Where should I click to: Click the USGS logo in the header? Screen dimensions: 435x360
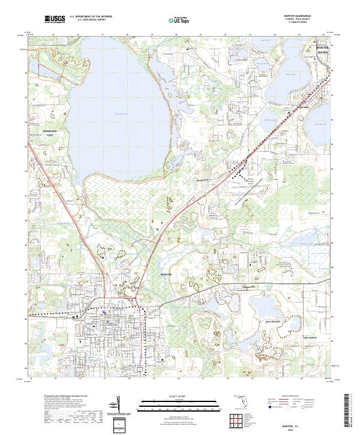(x=55, y=20)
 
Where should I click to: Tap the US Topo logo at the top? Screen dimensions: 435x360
(x=173, y=20)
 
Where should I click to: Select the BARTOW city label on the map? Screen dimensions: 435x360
(x=167, y=274)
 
